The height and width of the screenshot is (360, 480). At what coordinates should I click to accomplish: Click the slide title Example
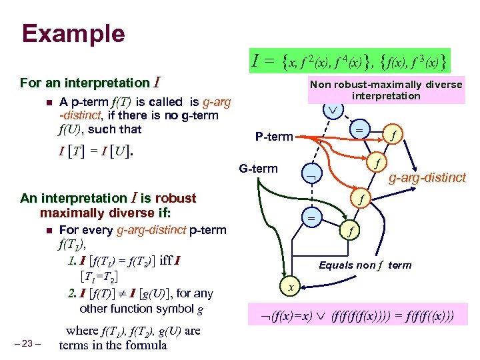click(73, 33)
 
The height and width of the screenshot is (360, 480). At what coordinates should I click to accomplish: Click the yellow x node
click(291, 287)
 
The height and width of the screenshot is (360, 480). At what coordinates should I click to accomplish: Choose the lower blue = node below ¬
click(311, 217)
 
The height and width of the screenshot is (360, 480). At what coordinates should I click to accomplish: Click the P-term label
click(273, 137)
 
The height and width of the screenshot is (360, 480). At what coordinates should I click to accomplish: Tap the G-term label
click(258, 168)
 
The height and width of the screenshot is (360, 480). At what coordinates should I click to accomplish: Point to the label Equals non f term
click(365, 265)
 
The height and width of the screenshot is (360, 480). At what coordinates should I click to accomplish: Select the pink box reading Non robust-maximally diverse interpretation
click(386, 89)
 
